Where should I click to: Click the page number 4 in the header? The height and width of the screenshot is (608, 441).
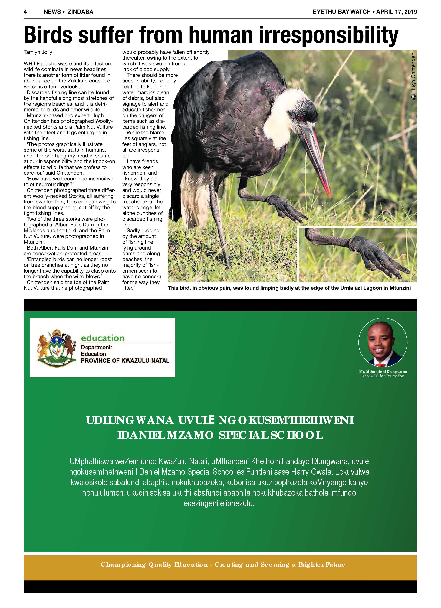25,12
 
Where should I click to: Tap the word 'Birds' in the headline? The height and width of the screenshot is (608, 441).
48,35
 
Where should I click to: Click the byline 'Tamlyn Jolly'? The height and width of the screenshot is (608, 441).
38,52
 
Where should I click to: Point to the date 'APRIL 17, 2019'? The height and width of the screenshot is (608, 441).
397,12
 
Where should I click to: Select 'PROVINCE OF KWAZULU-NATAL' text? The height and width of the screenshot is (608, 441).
125,361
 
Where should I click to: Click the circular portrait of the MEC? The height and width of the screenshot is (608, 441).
383,342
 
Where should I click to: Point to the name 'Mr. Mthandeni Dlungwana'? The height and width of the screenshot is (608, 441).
383,372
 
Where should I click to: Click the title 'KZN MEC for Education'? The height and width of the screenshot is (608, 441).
383,376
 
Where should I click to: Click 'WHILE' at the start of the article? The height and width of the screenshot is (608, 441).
32,64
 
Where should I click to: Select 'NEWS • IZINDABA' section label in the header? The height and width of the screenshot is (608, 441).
68,12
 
